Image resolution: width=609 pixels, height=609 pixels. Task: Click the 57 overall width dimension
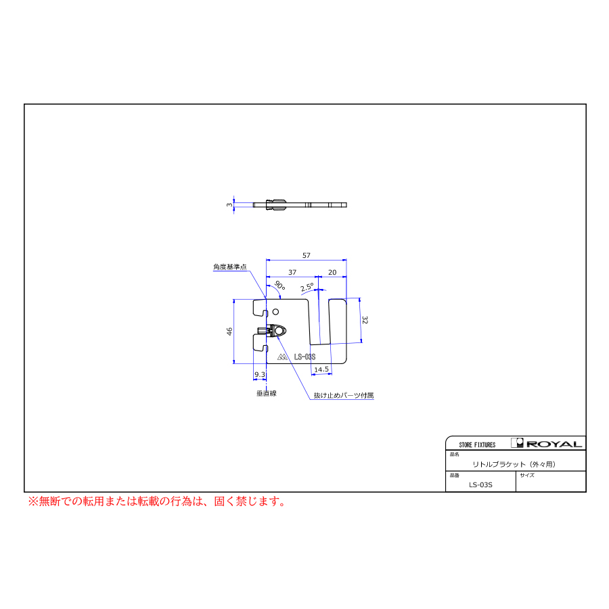tap(307, 255)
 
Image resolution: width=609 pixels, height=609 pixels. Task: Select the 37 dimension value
tap(292, 272)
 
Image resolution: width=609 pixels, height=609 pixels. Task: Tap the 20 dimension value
tap(332, 272)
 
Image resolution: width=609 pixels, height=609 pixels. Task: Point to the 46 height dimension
tap(229, 332)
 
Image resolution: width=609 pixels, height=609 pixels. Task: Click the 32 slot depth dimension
tap(364, 320)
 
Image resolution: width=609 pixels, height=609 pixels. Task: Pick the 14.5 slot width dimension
tap(321, 369)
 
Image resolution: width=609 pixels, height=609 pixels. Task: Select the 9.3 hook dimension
tap(259, 374)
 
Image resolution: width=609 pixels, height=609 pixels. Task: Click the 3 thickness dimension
tap(229, 204)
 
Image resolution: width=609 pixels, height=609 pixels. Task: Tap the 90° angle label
tap(279, 285)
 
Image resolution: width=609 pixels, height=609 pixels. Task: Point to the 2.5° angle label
tap(307, 288)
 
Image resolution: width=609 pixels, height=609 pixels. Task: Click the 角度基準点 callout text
tap(230, 267)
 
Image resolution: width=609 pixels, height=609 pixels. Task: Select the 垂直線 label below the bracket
tap(267, 393)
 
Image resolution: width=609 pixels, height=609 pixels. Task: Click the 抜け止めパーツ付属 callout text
tap(344, 395)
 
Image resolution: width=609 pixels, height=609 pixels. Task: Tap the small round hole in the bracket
tap(276, 311)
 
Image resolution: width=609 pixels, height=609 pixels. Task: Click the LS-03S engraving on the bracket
tap(304, 357)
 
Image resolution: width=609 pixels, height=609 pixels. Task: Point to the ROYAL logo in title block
tap(547, 443)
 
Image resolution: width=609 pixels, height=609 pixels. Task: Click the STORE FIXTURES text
tap(477, 445)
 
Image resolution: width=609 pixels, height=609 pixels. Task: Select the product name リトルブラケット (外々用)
tap(514, 464)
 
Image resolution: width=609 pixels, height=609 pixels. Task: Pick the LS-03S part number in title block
tap(480, 484)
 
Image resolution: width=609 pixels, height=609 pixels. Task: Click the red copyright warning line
tap(157, 501)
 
